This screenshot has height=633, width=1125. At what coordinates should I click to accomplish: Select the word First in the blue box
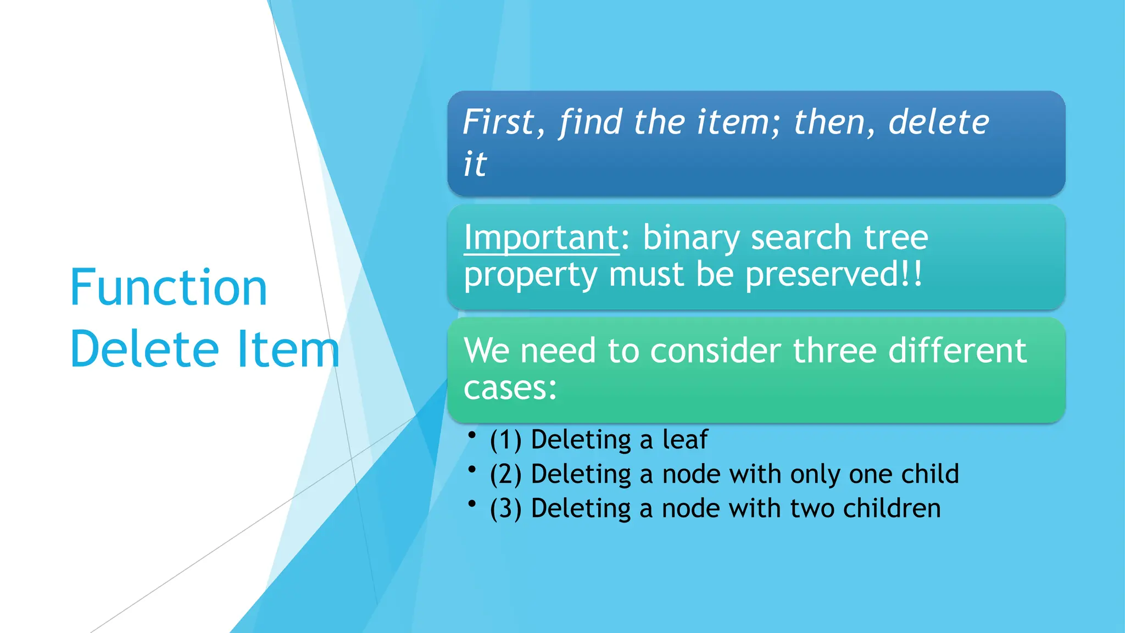[x=498, y=122]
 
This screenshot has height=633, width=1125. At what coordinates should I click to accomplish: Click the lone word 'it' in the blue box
[x=475, y=164]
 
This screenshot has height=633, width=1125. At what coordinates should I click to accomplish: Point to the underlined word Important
[x=542, y=238]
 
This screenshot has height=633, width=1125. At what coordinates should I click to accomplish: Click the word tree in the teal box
[x=896, y=238]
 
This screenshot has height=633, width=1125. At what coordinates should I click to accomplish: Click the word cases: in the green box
[x=510, y=388]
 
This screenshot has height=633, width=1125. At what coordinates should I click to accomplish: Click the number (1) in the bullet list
[x=506, y=440]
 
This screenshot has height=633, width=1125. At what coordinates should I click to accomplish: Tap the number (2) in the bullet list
[x=506, y=474]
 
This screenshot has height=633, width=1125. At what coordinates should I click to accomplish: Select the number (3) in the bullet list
[x=506, y=508]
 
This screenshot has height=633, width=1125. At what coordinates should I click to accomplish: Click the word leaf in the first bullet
[x=684, y=440]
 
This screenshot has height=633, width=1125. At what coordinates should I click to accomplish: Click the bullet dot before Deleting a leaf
[x=471, y=435]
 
